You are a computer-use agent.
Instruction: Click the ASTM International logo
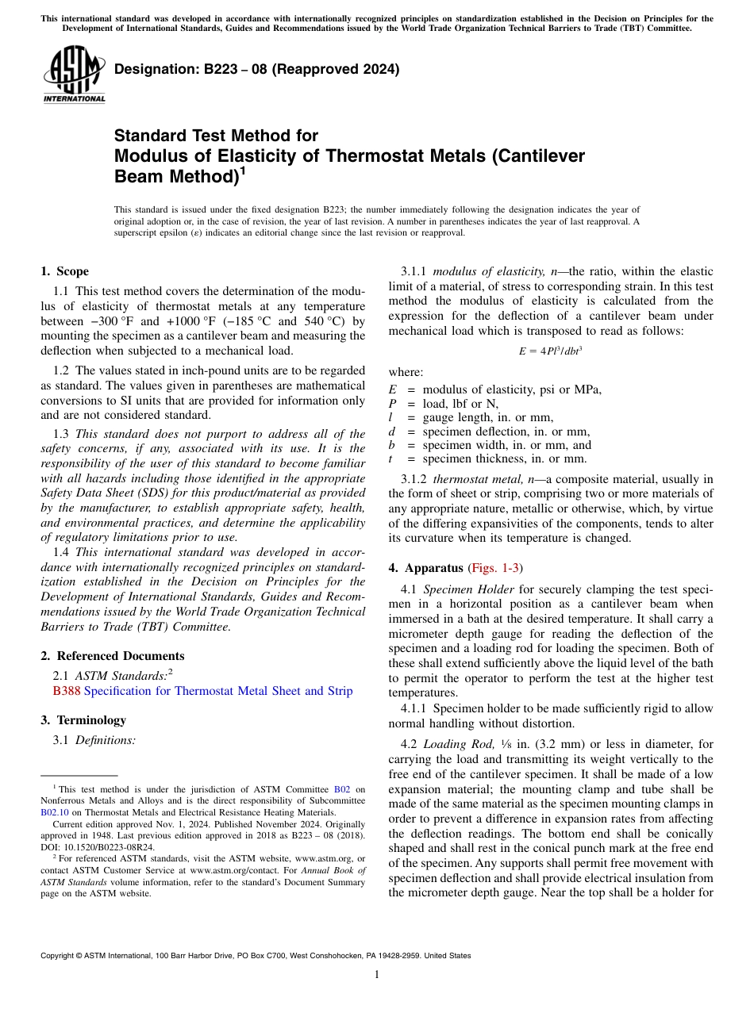74,75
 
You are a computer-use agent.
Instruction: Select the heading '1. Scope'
64,271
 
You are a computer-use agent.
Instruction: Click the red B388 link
66,691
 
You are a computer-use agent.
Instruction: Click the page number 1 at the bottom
377,975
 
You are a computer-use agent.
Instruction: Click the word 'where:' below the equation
406,372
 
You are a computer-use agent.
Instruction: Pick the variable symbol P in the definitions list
392,404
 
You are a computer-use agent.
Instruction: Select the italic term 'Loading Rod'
450,745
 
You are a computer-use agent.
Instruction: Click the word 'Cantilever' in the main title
539,155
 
